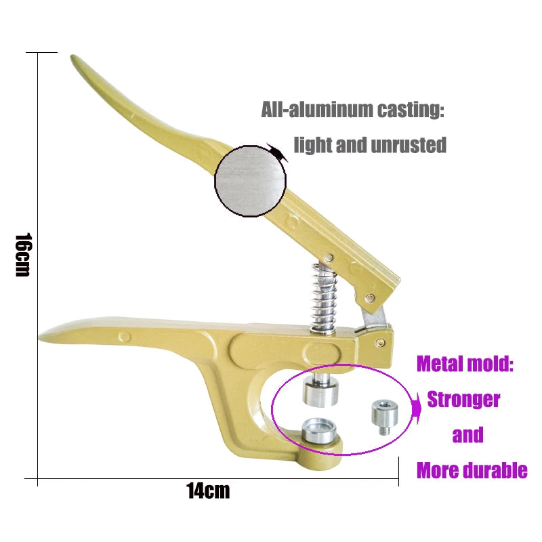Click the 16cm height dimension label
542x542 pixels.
coord(22,255)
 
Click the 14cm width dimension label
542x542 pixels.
coord(209,491)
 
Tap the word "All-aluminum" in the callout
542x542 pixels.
coord(304,110)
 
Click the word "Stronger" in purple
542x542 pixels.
coord(463,400)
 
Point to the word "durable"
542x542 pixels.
coord(495,470)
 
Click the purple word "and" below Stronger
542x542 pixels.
coord(467,435)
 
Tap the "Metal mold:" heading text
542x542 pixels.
coord(465,364)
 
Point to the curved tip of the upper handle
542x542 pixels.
coord(76,60)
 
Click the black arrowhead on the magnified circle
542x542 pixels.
coord(278,152)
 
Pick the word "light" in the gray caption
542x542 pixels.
coord(314,145)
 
